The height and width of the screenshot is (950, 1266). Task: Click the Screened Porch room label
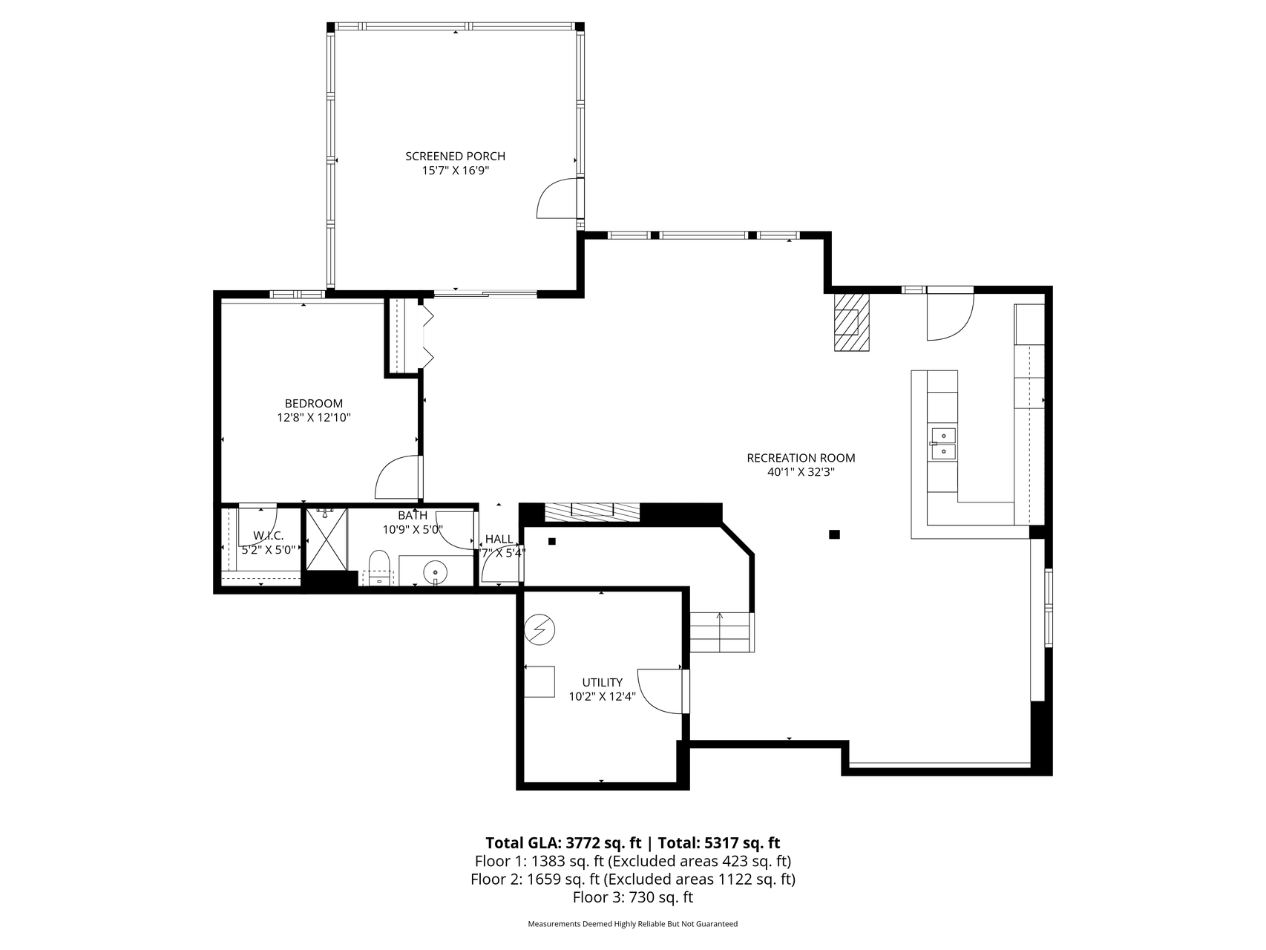coord(455,156)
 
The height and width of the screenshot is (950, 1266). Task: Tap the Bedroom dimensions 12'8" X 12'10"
coord(313,418)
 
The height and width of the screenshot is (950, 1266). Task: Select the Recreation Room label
coord(801,458)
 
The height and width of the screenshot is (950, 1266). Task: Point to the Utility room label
coord(602,682)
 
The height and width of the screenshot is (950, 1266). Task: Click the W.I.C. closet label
coord(268,535)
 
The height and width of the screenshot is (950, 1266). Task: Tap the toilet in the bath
coord(378,567)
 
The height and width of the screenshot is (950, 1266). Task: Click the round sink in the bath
coord(435,571)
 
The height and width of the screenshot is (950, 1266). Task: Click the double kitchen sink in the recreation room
coord(943,444)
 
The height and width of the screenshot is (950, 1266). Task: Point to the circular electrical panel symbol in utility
coord(539,630)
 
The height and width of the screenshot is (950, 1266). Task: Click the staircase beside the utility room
coord(722,632)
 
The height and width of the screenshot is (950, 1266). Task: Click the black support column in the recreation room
coord(834,534)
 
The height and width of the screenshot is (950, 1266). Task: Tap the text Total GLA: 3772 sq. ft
coord(563,843)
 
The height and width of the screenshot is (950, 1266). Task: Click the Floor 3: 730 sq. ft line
coord(633,897)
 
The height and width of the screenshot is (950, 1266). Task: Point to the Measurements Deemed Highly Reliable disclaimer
coord(633,925)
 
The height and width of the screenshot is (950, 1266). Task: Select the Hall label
coord(499,539)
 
